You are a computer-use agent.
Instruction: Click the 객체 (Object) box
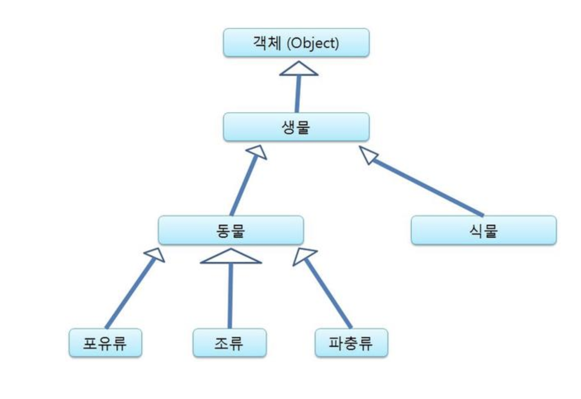point(296,43)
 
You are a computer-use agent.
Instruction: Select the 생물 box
point(296,127)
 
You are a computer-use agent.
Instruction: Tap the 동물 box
point(231,230)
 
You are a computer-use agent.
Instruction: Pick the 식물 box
point(484,230)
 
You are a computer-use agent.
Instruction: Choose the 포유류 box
point(105,343)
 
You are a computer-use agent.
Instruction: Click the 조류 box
point(229,343)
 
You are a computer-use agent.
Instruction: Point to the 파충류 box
point(351,343)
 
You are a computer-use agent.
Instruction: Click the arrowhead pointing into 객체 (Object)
point(299,69)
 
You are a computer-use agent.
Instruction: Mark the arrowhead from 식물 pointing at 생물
point(369,154)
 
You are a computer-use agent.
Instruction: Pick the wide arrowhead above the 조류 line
point(231,257)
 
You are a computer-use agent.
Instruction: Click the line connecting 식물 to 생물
point(429,188)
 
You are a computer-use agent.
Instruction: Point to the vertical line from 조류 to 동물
point(230,295)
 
